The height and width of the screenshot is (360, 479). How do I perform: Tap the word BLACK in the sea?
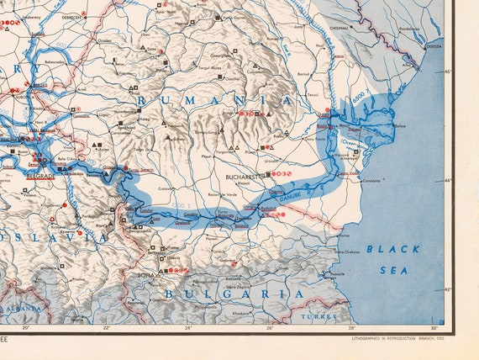(x=392, y=249)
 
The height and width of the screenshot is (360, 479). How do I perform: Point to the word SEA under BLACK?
(x=392, y=270)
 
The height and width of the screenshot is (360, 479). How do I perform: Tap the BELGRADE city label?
(x=39, y=177)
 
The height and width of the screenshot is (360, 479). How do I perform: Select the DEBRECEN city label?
(x=71, y=16)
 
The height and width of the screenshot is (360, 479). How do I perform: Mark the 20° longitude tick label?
(x=25, y=328)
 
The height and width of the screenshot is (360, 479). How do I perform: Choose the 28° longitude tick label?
(x=352, y=328)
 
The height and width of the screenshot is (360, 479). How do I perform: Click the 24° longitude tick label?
(x=188, y=328)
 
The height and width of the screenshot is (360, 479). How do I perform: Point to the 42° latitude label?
(x=448, y=289)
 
